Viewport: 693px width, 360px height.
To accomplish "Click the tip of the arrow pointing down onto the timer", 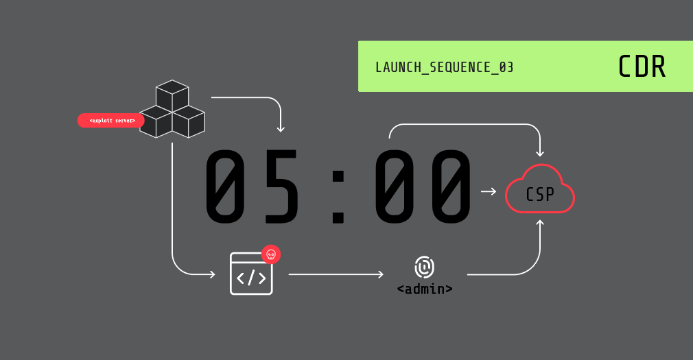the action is click(x=281, y=132).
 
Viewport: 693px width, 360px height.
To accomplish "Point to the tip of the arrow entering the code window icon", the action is click(x=215, y=274).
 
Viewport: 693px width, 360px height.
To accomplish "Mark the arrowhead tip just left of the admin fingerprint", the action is click(x=383, y=274).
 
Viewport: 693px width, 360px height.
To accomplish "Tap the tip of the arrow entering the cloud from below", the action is click(x=539, y=220).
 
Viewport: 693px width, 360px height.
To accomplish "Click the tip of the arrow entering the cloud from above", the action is click(x=539, y=156).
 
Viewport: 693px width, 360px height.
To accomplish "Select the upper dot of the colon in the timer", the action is click(x=338, y=177).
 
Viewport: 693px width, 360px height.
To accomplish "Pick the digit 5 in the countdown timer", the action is click(x=281, y=187).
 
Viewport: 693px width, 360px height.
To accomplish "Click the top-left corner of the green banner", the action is click(x=358, y=41).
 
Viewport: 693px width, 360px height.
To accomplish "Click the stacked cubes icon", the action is click(x=172, y=108).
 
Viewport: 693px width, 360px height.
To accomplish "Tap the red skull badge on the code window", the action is click(x=271, y=254).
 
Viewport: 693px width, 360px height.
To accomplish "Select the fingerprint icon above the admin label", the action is click(x=424, y=267).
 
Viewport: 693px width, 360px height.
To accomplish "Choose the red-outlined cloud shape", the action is click(x=539, y=189).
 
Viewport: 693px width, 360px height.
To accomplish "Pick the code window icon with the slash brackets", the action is click(x=251, y=274).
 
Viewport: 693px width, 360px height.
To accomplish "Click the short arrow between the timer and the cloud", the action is click(x=489, y=191).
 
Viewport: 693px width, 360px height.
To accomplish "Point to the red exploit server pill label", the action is click(x=111, y=121).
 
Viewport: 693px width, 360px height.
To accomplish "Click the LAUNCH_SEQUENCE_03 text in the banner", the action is click(x=444, y=68).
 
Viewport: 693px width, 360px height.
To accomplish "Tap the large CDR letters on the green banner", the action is click(x=642, y=67).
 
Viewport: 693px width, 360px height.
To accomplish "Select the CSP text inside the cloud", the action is click(x=539, y=194).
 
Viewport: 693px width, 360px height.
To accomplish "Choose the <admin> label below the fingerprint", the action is click(x=425, y=289).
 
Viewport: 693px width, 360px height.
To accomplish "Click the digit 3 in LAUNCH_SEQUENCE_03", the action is click(x=509, y=67).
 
